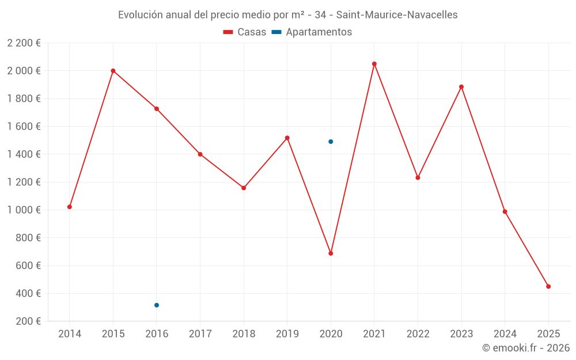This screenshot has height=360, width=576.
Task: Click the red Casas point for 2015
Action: [113, 71]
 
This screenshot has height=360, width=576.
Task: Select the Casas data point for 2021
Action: [374, 64]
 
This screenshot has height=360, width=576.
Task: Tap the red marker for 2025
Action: [548, 286]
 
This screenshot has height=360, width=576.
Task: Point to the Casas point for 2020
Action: [331, 253]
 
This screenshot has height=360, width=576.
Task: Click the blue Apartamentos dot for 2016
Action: [157, 305]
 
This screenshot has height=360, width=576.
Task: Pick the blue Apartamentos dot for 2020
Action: [331, 142]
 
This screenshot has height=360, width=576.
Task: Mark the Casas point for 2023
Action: [461, 87]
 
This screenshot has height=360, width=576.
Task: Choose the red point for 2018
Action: [244, 188]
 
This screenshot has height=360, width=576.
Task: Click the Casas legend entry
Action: [245, 32]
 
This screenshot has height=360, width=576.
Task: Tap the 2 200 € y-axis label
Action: [24, 43]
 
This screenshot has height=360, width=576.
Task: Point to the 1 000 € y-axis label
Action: [24, 210]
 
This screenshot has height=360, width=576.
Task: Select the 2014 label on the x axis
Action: [70, 334]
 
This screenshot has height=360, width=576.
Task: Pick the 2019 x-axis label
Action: [287, 334]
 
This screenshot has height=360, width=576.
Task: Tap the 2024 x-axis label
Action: [505, 334]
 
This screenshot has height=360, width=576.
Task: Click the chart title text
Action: [288, 15]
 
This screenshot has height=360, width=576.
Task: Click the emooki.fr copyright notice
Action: [526, 348]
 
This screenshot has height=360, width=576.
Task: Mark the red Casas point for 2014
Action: [70, 207]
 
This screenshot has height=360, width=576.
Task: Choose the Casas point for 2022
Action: [418, 177]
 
